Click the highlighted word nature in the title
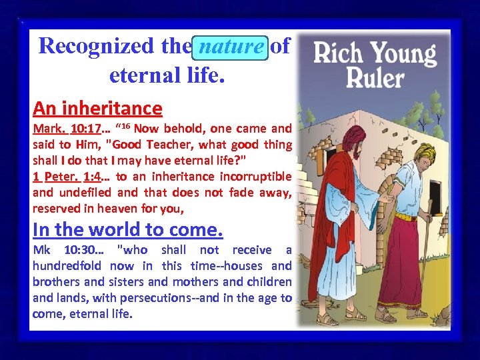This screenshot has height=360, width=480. pos(231,47)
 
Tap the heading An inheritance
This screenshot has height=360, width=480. pos(97,108)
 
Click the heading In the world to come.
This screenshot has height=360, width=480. pos(127,229)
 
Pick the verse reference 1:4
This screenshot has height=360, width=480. pos(96,177)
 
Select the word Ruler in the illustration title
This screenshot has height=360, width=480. pos(375,78)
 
